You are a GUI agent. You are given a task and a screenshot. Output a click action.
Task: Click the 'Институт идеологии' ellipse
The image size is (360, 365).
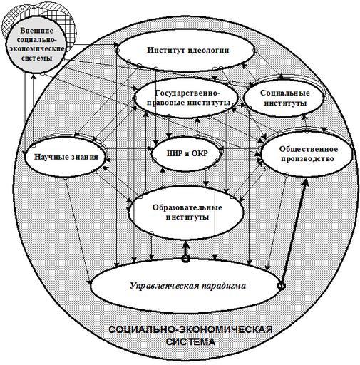click(x=186, y=50)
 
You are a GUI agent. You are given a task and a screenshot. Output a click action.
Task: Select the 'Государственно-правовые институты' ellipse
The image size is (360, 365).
click(x=186, y=98)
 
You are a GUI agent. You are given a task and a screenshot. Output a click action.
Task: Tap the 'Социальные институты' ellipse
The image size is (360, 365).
click(x=284, y=98)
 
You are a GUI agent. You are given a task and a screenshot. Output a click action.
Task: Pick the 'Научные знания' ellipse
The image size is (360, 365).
click(x=66, y=157)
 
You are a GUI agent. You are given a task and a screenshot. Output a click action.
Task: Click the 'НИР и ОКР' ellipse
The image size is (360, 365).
click(x=187, y=153)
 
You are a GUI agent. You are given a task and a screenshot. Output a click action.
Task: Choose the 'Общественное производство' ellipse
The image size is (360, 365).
click(x=307, y=154)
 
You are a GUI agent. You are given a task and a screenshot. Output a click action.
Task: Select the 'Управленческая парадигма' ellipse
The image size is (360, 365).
click(x=187, y=286)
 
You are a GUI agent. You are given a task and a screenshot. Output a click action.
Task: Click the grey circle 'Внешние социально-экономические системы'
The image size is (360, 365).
click(x=36, y=44)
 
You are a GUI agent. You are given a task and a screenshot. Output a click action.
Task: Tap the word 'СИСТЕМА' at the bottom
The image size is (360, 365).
click(x=190, y=341)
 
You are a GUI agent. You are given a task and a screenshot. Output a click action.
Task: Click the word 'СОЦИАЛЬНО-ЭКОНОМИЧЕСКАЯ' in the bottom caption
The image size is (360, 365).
click(x=190, y=329)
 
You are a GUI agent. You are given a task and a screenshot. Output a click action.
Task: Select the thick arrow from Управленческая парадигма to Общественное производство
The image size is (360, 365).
click(x=294, y=232)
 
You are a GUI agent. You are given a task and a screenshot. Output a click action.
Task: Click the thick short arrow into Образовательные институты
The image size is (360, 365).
click(x=186, y=248)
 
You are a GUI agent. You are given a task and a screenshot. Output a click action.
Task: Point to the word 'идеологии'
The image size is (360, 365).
click(x=209, y=50)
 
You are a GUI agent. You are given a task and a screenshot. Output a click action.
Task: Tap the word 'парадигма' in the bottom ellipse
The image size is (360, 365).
click(x=224, y=286)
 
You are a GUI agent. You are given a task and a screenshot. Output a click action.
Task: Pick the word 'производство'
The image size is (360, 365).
click(x=307, y=159)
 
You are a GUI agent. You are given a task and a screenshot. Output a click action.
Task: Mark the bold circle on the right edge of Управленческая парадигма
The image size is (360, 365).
click(x=282, y=286)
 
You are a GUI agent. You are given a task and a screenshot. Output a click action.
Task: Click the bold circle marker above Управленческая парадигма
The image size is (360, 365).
click(x=186, y=259)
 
